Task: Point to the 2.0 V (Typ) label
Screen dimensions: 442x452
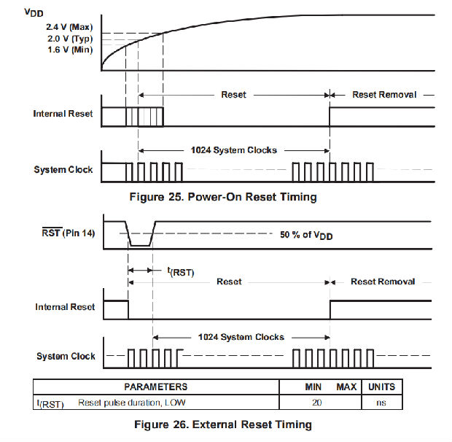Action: click(64, 38)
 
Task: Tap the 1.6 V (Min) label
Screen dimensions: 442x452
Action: click(64, 49)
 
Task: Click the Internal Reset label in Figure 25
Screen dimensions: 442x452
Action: click(63, 114)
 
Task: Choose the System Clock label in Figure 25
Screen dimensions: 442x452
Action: click(63, 170)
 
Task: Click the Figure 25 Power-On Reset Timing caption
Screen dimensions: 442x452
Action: click(222, 196)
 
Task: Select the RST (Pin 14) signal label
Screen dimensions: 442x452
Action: click(65, 234)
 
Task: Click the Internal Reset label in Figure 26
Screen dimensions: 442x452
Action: click(65, 307)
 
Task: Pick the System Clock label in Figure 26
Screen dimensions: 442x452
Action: click(66, 357)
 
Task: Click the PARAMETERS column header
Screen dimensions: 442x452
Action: click(155, 387)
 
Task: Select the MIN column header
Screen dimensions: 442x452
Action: click(313, 387)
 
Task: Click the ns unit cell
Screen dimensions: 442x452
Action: click(380, 402)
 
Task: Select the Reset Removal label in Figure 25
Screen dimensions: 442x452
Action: click(384, 95)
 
